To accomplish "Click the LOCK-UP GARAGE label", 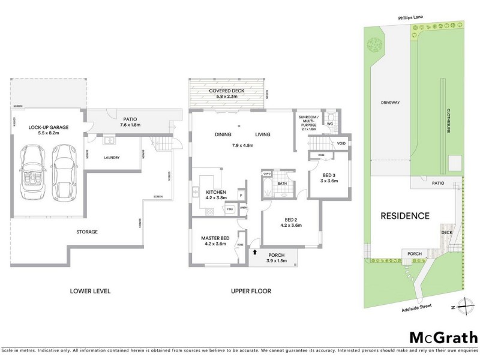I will (46, 128).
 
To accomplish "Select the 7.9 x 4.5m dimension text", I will (243, 146).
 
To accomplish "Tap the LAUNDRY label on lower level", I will (112, 158).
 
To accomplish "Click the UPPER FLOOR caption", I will (251, 291).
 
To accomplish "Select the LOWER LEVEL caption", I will (90, 291).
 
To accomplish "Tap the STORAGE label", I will (86, 232).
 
